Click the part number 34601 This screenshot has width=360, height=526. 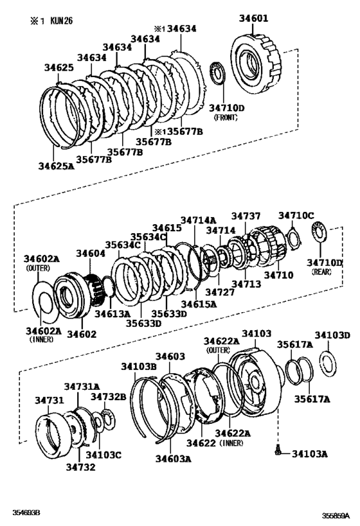(254, 18)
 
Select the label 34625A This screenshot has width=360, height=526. (56, 166)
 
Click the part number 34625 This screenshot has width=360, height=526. (59, 67)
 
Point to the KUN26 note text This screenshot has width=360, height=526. (62, 21)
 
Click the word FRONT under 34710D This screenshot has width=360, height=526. (226, 118)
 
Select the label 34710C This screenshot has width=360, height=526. (296, 215)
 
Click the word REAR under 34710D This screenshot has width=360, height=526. (321, 272)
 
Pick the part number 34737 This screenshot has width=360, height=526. (246, 216)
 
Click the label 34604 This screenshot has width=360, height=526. (91, 253)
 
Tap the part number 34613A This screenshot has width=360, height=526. (112, 313)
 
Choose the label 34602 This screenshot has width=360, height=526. (82, 334)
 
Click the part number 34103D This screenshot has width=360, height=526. (332, 335)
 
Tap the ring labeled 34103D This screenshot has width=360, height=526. (327, 363)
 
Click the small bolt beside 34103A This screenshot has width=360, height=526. (277, 450)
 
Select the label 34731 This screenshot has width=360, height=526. (50, 400)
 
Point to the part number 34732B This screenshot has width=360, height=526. (109, 397)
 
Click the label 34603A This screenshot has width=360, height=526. (174, 459)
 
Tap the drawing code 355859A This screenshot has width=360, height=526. (336, 516)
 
